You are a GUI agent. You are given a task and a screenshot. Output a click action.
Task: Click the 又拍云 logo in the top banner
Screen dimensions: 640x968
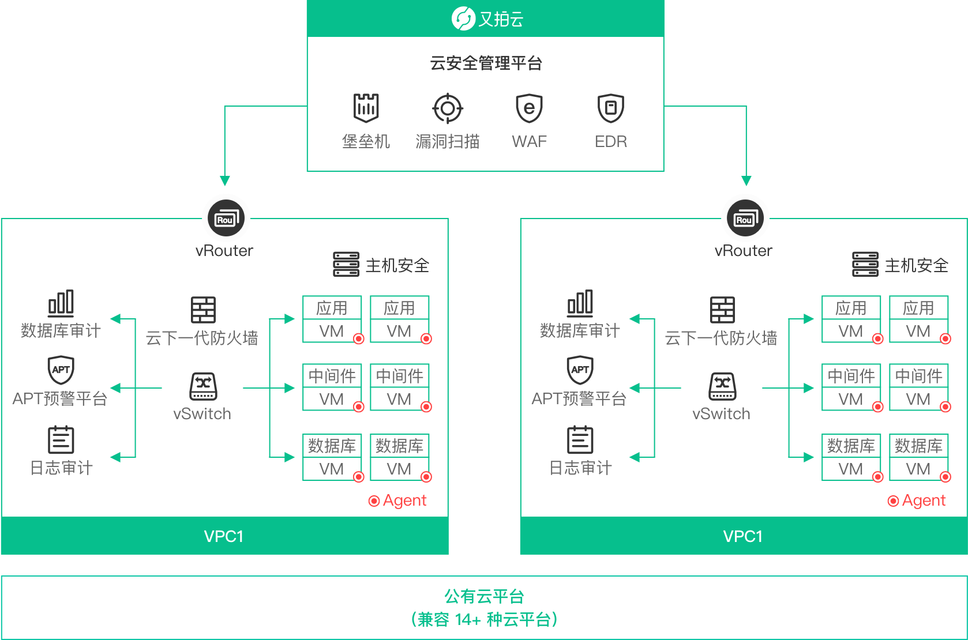coord(463,18)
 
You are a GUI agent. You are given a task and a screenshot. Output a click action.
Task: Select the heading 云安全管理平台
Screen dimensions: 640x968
coord(486,63)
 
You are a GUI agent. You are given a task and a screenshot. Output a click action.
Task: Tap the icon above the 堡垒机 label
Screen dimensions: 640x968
coord(366,108)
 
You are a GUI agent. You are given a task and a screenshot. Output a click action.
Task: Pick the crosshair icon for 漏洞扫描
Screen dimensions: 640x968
coord(448,108)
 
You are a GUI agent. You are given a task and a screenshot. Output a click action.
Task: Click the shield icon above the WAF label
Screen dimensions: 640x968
coord(529,108)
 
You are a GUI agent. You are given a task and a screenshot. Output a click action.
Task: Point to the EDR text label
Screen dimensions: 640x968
coord(611,141)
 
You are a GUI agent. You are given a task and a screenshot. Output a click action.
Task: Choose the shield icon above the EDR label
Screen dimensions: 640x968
coord(611,108)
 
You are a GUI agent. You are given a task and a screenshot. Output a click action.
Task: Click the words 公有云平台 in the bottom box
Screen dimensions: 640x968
coord(484,596)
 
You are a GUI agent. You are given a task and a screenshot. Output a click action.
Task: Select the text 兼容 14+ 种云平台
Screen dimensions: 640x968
coord(484,620)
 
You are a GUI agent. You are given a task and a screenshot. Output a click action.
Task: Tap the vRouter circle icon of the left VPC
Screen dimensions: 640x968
coord(226,219)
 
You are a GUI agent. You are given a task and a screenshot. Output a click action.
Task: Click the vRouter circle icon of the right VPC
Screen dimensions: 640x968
coord(745,219)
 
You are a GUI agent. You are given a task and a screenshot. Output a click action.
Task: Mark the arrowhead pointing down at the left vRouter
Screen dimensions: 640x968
coord(225,181)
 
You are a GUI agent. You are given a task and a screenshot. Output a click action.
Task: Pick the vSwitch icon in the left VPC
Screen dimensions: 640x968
coord(203,386)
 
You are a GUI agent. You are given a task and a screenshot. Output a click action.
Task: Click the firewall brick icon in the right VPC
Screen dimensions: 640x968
coord(722,310)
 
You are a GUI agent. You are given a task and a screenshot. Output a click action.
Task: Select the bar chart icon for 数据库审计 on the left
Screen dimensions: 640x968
coord(61,303)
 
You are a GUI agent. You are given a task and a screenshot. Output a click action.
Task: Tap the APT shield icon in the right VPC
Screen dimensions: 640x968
coord(580,370)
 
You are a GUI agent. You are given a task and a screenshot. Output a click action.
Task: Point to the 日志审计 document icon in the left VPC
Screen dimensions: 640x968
coord(61,440)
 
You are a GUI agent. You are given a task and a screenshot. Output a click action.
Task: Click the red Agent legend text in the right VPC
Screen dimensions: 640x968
coord(924,500)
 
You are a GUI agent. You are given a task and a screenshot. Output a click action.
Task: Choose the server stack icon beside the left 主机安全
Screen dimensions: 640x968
coord(346,265)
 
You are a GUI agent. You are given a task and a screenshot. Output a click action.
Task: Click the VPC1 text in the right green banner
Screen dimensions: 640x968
coord(743,536)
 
